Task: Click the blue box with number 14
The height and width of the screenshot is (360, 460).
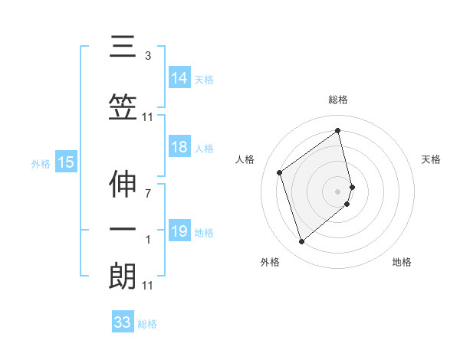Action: click(179, 77)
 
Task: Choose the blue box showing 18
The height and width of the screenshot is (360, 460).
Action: click(179, 148)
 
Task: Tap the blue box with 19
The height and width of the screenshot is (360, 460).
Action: click(179, 231)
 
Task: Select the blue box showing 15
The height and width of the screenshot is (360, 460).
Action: click(66, 162)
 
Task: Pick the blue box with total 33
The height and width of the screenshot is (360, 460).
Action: click(123, 322)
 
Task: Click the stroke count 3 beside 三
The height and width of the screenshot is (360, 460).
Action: click(147, 56)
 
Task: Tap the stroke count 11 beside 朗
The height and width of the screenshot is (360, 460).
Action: click(147, 286)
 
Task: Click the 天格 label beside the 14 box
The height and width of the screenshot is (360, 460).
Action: click(204, 78)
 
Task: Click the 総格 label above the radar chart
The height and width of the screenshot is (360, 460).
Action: click(338, 100)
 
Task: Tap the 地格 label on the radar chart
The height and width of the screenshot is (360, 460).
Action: click(402, 262)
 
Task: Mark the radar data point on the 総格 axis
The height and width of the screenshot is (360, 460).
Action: click(338, 131)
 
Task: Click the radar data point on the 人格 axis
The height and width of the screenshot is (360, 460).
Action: click(280, 172)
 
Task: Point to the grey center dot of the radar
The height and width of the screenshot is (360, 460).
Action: click(338, 191)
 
